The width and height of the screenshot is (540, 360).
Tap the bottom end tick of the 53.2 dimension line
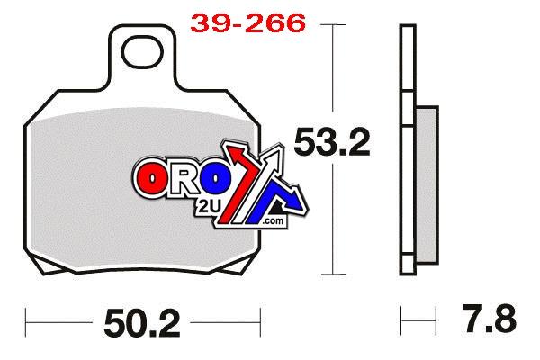click(335, 273)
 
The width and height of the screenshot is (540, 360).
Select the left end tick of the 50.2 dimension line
click(27, 319)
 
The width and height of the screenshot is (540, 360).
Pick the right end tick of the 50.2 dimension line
click(259, 319)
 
